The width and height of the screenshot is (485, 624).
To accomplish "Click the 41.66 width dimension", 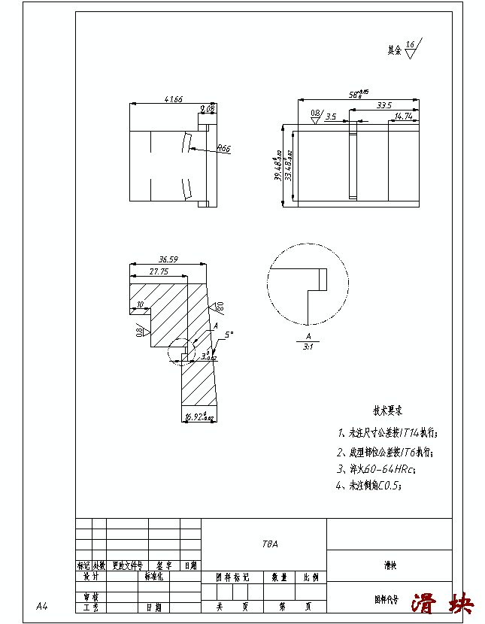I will [172, 99].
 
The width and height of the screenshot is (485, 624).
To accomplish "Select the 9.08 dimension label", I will [208, 109].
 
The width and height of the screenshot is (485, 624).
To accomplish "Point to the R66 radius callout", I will [223, 149].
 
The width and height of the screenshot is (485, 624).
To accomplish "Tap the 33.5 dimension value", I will [383, 105].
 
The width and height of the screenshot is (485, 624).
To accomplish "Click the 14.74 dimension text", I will [403, 117].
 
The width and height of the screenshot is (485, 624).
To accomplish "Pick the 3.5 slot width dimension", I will [331, 117].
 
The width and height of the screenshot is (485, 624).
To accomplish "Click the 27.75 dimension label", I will [159, 271].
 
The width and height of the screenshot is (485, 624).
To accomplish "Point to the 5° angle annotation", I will [229, 335].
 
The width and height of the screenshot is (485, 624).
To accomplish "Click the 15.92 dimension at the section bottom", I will [199, 417].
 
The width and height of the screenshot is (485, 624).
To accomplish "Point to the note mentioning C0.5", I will [369, 486].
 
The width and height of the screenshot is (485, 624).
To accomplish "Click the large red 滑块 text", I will [443, 603].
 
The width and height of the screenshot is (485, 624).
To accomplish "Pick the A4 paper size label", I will [42, 606].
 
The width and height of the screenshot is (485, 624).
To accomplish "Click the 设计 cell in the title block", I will [90, 577].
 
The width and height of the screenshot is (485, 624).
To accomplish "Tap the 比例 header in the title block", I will [311, 577].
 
